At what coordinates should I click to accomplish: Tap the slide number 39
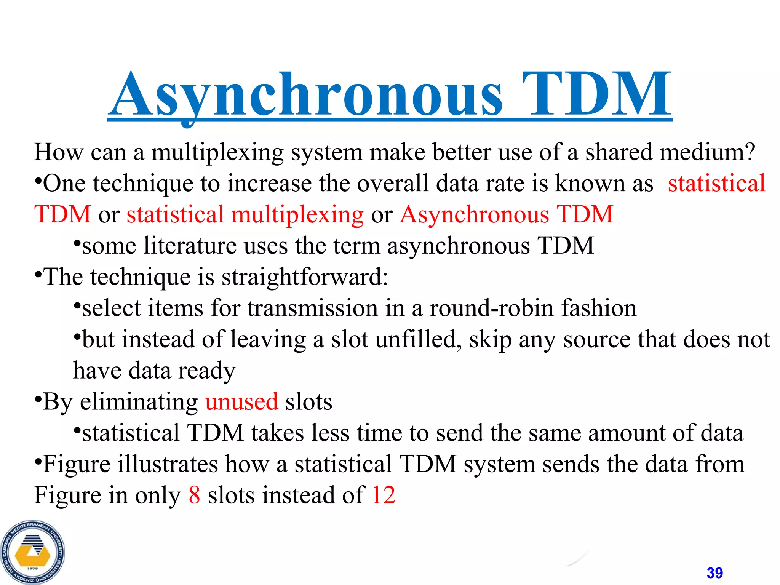click(x=714, y=573)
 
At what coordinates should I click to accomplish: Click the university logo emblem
click(x=33, y=552)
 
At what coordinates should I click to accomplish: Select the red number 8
click(x=194, y=495)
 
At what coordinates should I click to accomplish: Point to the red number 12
click(x=384, y=495)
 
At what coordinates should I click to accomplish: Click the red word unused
click(x=242, y=401)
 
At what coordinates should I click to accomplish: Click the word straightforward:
click(x=305, y=277)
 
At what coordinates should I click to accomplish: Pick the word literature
click(x=190, y=246)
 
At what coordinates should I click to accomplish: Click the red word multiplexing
click(x=297, y=214)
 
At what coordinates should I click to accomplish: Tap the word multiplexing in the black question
click(x=217, y=152)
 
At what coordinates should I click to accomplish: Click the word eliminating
click(x=139, y=401)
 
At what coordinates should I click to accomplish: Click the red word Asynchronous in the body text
click(x=475, y=214)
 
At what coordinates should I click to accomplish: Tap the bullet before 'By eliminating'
click(x=37, y=400)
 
